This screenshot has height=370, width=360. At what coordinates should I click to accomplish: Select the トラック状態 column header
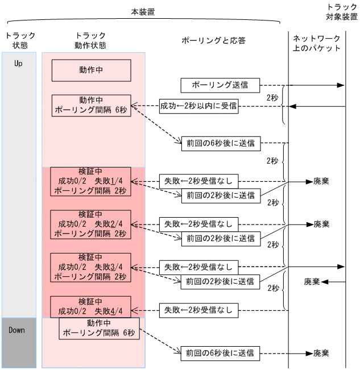click(20, 40)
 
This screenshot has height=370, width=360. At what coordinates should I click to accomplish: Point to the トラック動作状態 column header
click(90, 40)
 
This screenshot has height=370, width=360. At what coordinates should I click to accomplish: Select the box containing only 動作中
click(91, 70)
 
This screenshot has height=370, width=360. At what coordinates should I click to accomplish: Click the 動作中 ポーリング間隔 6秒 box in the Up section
click(91, 105)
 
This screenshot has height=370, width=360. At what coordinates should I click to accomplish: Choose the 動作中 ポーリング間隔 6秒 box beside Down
click(99, 329)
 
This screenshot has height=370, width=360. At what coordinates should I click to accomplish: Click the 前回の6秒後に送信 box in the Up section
click(220, 143)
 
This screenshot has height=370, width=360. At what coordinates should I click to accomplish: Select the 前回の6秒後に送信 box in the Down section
click(220, 352)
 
